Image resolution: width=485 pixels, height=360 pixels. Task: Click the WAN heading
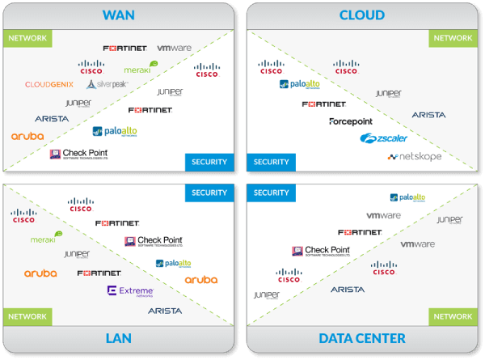[x=119, y=15]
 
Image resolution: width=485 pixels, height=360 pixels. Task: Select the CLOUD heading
[x=361, y=15]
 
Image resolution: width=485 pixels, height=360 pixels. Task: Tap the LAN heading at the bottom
[x=119, y=337]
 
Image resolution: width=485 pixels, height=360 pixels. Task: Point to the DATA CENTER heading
[x=361, y=337]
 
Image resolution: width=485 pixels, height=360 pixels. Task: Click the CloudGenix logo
[x=49, y=84]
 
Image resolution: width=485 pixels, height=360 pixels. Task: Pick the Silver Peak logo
[x=107, y=84]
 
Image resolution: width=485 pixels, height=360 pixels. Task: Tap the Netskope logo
[x=415, y=156]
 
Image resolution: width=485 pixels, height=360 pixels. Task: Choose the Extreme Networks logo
[x=130, y=291]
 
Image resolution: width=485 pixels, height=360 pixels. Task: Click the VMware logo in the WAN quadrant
[x=174, y=49]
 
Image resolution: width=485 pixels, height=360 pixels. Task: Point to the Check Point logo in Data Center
[x=321, y=252]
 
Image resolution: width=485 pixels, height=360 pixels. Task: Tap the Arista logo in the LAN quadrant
[x=165, y=311]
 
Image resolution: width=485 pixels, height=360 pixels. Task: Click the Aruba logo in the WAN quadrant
[x=27, y=137]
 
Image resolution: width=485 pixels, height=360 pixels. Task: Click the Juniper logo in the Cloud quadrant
[x=388, y=95]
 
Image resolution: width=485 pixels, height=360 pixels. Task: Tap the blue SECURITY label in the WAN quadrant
[x=209, y=162]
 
